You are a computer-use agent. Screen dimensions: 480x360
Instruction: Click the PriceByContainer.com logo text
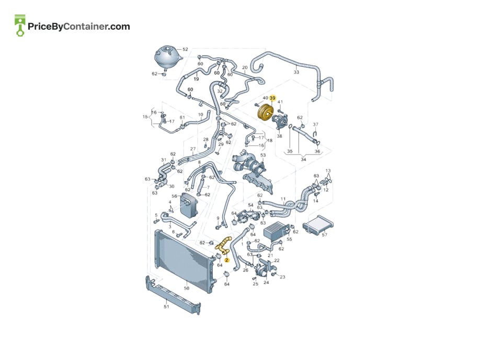click(78, 27)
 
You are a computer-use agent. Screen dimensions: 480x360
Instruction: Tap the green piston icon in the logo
click(20, 26)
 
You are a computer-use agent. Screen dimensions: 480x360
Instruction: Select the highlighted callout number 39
click(272, 98)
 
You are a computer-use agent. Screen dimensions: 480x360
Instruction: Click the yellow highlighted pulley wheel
click(265, 112)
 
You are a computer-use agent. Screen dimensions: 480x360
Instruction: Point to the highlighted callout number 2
click(226, 260)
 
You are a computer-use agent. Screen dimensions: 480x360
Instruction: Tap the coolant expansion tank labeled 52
click(167, 59)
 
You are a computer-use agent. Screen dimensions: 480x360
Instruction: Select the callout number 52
click(185, 49)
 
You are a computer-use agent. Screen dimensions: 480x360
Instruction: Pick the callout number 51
click(166, 306)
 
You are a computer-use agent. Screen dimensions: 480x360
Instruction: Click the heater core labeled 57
click(318, 225)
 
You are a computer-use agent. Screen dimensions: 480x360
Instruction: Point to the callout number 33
click(296, 72)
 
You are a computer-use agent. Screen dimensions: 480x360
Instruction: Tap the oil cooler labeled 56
click(189, 204)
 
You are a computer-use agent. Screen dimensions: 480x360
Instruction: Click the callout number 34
click(303, 159)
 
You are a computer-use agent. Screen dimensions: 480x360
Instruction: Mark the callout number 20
click(245, 67)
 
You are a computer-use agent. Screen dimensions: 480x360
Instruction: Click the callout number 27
click(193, 149)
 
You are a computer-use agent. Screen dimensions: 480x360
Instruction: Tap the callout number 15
click(145, 117)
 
